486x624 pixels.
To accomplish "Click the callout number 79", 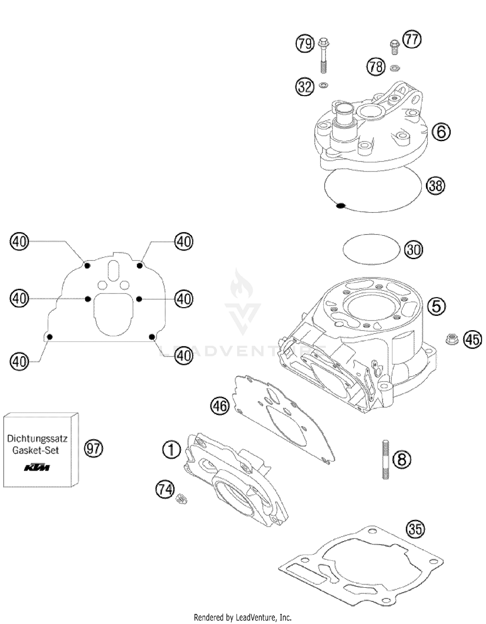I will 305,43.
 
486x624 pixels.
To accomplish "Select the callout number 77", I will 412,40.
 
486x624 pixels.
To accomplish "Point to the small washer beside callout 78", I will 395,68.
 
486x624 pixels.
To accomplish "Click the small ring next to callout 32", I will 323,86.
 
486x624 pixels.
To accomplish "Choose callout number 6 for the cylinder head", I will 441,132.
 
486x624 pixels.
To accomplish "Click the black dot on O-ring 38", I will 340,205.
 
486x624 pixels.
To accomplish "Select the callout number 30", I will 413,250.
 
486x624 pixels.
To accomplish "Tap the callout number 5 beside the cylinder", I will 436,306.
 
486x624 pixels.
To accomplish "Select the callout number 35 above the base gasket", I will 415,529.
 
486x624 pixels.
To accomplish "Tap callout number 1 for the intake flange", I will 171,450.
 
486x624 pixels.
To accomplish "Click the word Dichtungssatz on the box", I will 37,439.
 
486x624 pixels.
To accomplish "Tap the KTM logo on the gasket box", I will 37,468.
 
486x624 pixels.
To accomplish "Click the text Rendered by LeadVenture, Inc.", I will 243,617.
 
